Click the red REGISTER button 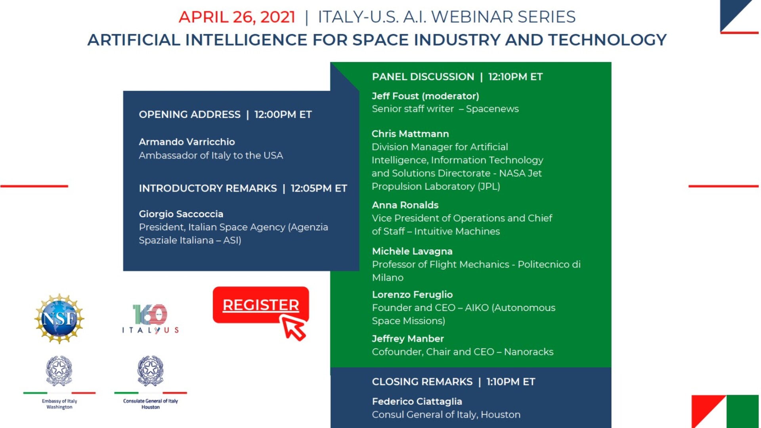[260, 304]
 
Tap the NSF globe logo [59, 319]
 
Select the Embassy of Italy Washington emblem [59, 371]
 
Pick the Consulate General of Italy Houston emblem [151, 371]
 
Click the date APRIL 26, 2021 [237, 17]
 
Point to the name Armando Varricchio [187, 142]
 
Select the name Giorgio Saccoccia [181, 214]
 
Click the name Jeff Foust [395, 96]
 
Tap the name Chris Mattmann [410, 134]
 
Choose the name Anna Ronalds [405, 205]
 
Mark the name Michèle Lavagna [412, 251]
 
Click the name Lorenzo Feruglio [412, 294]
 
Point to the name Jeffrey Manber [408, 339]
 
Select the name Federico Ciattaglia [417, 401]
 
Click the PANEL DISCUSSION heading [423, 77]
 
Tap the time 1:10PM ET [511, 382]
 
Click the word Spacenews [492, 109]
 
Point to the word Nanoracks [529, 352]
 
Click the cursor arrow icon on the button [293, 327]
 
